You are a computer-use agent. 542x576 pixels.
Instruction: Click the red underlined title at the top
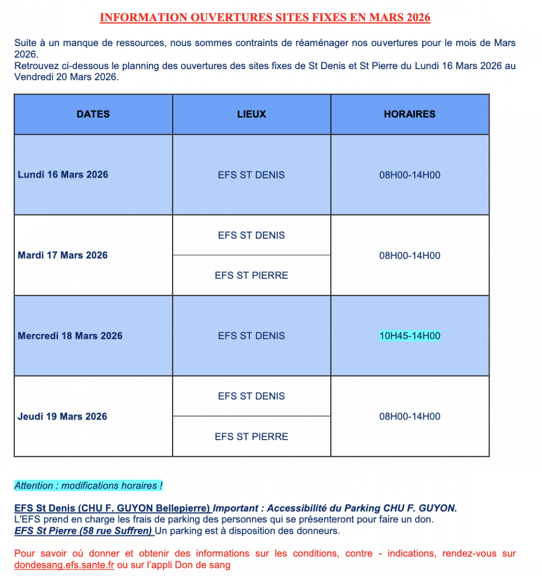265,18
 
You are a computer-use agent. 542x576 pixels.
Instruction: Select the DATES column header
93,114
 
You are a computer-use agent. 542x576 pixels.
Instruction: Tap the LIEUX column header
251,114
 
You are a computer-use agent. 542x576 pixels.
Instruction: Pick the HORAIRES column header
410,114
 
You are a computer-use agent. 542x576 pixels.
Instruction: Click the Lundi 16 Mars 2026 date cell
63,175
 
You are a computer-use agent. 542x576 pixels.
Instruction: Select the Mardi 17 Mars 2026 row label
62,255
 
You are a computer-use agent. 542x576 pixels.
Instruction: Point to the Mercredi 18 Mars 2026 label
70,336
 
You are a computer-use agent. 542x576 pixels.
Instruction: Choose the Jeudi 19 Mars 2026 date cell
62,417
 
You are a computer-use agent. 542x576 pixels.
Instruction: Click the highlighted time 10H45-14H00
410,336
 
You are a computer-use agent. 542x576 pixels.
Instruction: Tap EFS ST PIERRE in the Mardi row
251,276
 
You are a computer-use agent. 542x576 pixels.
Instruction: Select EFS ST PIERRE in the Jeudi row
251,437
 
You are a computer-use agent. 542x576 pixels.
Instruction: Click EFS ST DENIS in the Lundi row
251,175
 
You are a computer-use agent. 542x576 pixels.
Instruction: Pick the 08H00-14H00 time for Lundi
410,175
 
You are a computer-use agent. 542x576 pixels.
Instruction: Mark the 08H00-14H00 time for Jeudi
410,417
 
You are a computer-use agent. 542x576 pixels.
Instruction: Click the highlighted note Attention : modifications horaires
88,486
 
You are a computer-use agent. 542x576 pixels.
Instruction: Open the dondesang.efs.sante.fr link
64,565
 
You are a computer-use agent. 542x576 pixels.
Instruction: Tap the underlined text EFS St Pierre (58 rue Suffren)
83,531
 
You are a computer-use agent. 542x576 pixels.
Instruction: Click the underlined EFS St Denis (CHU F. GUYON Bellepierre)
112,508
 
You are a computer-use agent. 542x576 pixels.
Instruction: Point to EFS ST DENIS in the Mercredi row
251,336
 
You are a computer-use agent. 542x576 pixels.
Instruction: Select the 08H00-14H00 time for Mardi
410,256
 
